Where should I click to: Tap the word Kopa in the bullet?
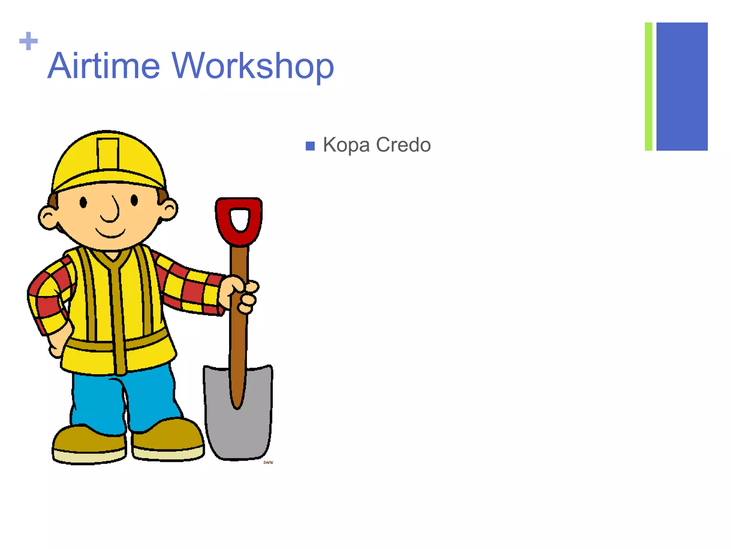pyautogui.click(x=346, y=145)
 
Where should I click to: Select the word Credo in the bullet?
pyautogui.click(x=403, y=145)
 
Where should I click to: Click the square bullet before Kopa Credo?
pyautogui.click(x=310, y=146)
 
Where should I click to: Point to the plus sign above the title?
pyautogui.click(x=29, y=41)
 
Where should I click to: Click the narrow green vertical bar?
pyautogui.click(x=648, y=86)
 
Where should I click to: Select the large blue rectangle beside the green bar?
pyautogui.click(x=682, y=86)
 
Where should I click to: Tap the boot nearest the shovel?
pyautogui.click(x=168, y=440)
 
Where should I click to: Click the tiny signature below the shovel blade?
pyautogui.click(x=268, y=463)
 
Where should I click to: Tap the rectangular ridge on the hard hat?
pyautogui.click(x=107, y=154)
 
